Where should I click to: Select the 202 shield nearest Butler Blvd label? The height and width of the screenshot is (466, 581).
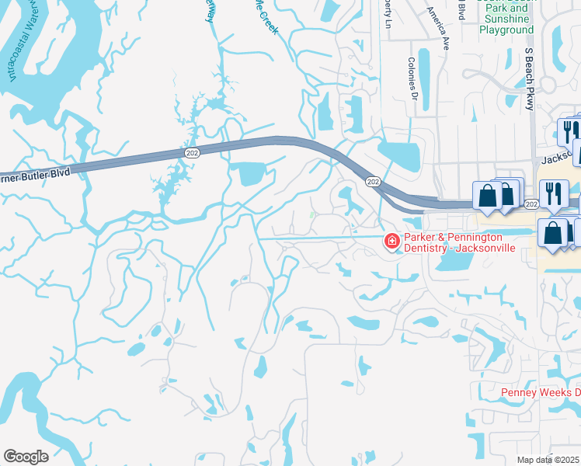click(191, 153)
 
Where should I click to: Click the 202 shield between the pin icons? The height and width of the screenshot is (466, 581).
click(531, 203)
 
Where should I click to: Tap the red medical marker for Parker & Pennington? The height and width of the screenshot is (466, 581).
click(391, 242)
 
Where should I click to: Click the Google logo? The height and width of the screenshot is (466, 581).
click(26, 457)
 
